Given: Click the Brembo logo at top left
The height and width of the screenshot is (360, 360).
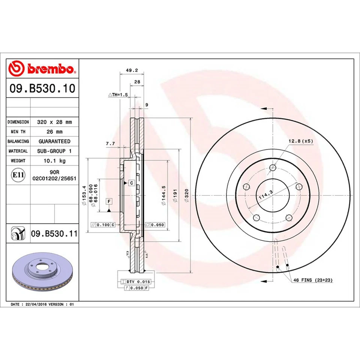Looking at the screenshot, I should tap(42, 69).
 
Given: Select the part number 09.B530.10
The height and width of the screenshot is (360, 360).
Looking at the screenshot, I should tap(42, 89).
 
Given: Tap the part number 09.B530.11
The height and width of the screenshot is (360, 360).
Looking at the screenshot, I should tap(54, 234).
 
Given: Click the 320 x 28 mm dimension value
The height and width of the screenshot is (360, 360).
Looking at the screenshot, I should tap(54, 122).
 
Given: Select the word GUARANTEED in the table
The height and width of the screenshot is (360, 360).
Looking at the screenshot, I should tap(54, 141).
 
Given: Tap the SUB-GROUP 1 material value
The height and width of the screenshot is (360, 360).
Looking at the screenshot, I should tap(54, 151).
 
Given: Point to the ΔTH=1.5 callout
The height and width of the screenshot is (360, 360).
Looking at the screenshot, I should tap(118, 95).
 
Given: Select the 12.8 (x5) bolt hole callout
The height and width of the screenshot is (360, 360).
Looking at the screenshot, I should tap(300, 141).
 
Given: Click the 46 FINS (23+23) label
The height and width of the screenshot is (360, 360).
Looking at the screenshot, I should tap(313, 280).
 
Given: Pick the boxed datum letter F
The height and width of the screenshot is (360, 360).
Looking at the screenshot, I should tap(109, 201).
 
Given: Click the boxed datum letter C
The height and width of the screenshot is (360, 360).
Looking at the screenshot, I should tap(131, 183).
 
